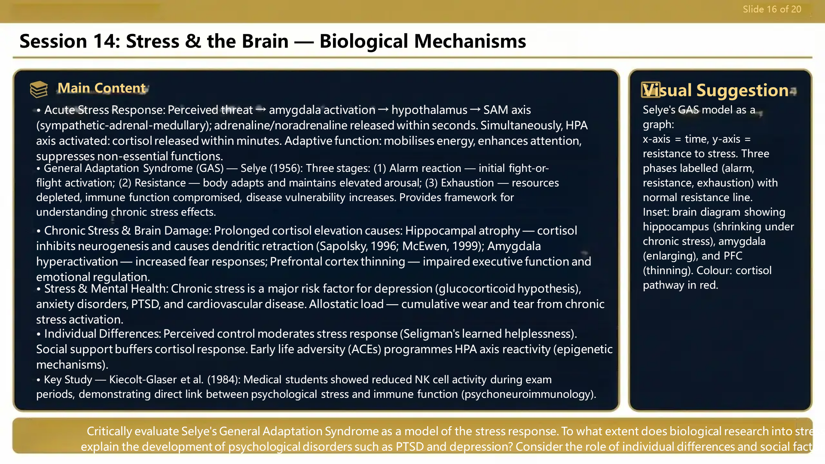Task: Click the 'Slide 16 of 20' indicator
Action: [772, 9]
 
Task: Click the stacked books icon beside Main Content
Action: [39, 89]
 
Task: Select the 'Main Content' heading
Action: [102, 88]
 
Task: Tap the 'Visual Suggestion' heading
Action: [716, 91]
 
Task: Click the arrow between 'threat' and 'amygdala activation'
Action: [261, 110]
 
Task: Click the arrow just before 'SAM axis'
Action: [475, 110]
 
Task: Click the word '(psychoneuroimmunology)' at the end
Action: [529, 394]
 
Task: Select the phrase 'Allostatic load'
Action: [346, 304]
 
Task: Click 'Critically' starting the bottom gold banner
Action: [109, 431]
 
